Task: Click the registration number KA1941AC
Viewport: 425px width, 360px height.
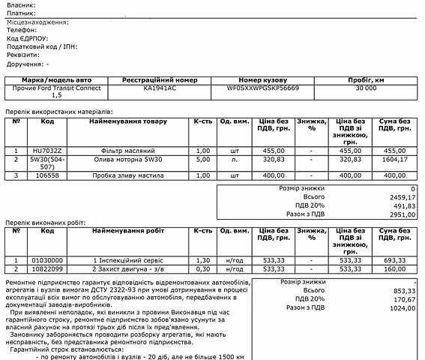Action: pyautogui.click(x=159, y=87)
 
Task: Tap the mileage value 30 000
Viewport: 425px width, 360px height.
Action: pyautogui.click(x=366, y=87)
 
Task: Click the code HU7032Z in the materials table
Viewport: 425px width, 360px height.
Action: pyautogui.click(x=47, y=150)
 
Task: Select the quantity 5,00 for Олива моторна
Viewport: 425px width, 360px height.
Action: pyautogui.click(x=202, y=159)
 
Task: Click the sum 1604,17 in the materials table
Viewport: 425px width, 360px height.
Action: pyautogui.click(x=393, y=159)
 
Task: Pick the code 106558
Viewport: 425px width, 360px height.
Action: pyautogui.click(x=47, y=175)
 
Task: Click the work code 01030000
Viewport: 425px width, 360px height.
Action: pyautogui.click(x=47, y=259)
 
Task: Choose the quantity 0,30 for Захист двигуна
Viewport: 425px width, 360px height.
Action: pyautogui.click(x=202, y=268)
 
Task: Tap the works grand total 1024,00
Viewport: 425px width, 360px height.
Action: pyautogui.click(x=402, y=307)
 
